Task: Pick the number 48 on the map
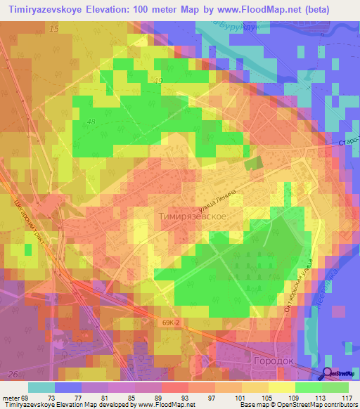(x=91, y=122)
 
